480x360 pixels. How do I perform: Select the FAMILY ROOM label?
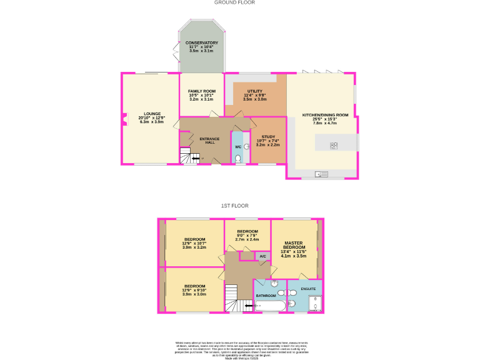click(201, 91)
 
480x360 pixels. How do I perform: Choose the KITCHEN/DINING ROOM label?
click(325, 115)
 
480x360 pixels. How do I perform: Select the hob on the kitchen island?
click(334, 146)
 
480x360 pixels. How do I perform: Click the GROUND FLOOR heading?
click(234, 2)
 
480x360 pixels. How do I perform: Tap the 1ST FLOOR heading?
click(234, 206)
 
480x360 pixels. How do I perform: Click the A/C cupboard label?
click(262, 256)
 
